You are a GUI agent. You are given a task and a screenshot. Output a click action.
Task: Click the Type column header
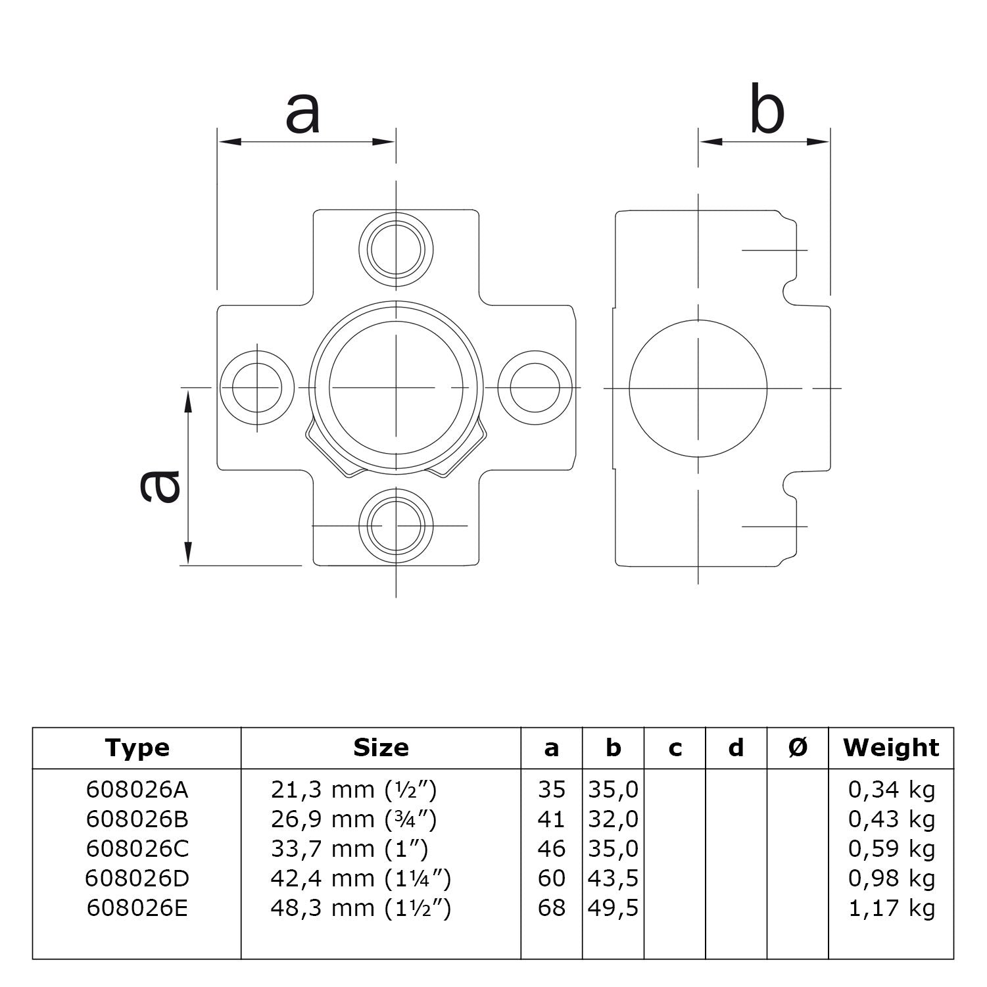tap(137, 748)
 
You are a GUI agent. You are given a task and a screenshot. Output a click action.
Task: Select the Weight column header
tap(891, 748)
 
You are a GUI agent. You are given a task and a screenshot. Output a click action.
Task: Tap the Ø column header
tap(798, 748)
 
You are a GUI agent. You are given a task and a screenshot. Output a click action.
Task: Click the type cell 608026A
tap(137, 790)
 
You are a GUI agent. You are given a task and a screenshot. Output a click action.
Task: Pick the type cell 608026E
tap(137, 908)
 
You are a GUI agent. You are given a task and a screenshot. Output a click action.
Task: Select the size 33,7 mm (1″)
tap(349, 849)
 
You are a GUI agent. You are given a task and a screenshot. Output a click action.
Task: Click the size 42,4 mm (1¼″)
tap(360, 879)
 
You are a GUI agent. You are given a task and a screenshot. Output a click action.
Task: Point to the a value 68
tap(551, 908)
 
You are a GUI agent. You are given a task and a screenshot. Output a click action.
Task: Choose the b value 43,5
tap(613, 879)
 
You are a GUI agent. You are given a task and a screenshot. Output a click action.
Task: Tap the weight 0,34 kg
tap(891, 790)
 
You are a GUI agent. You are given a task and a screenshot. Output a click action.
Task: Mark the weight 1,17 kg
tap(891, 908)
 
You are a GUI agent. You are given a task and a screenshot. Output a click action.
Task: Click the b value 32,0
tap(613, 819)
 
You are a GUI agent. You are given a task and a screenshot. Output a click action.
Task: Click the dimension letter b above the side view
tap(767, 112)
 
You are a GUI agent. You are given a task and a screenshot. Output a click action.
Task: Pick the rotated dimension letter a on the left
tap(160, 485)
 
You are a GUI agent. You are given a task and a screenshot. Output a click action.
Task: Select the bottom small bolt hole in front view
tap(396, 525)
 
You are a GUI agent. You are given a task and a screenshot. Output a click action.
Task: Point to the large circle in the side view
tap(698, 388)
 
